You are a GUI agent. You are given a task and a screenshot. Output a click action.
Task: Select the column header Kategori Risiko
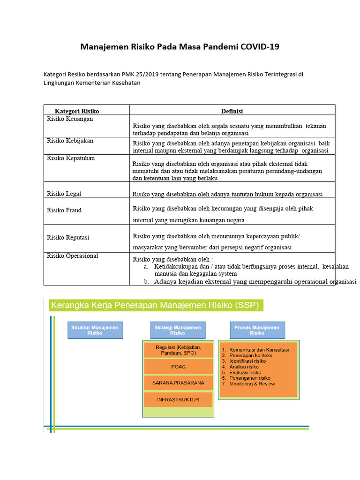point(77,111)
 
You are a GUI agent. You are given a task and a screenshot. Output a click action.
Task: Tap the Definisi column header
point(232,111)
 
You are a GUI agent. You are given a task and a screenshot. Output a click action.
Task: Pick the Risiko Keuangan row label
point(70,119)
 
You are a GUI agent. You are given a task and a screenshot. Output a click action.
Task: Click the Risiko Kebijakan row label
point(70,141)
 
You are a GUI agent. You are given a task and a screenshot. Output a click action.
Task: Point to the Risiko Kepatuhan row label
point(71,158)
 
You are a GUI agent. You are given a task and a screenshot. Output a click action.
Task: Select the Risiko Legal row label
point(64,194)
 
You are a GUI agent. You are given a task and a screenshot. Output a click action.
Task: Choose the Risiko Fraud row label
point(64,210)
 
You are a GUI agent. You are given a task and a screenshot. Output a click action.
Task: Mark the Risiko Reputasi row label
point(68,238)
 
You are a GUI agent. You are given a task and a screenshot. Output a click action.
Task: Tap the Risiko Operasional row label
point(73,256)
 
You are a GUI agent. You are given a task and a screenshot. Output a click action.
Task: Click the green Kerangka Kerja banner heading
point(155,306)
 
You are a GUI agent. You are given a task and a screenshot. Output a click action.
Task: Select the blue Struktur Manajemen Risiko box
point(95,330)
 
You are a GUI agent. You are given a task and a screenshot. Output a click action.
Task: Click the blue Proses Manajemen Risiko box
point(257,330)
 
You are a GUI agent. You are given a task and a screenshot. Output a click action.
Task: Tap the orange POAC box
point(178,367)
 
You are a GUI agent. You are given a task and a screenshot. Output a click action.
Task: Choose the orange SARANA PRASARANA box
point(178,383)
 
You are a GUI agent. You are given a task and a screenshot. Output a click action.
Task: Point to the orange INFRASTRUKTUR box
point(178,400)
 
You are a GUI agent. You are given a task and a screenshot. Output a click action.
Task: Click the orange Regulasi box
point(178,350)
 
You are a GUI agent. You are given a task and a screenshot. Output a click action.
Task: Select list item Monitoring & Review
point(252,384)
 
